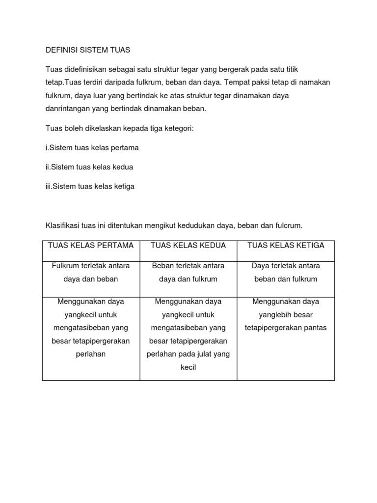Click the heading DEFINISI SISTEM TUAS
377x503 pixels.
click(x=88, y=50)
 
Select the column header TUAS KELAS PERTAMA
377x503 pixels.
click(x=91, y=246)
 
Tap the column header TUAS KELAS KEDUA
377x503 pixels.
click(x=188, y=246)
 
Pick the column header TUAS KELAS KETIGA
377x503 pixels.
click(x=286, y=246)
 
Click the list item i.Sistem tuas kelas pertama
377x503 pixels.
click(x=92, y=147)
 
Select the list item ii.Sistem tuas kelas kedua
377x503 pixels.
click(x=89, y=167)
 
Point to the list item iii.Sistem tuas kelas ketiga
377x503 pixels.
click(x=90, y=187)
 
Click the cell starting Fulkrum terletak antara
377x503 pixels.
click(x=91, y=273)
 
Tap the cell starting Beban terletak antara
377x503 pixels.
click(x=188, y=273)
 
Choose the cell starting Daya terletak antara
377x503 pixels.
click(x=286, y=273)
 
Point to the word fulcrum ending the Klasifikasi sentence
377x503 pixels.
click(x=290, y=226)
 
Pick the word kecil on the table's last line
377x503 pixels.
click(x=188, y=367)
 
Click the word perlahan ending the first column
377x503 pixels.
click(x=91, y=354)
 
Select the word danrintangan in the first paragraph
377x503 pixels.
click(x=66, y=109)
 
